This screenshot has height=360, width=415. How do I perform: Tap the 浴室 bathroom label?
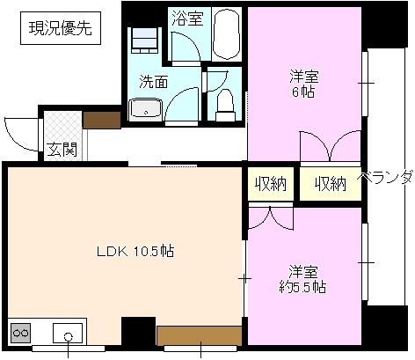point(186,18)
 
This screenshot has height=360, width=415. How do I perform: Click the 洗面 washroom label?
point(154,82)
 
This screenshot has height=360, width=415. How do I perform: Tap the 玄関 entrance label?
point(62,149)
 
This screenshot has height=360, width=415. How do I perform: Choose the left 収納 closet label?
point(271,183)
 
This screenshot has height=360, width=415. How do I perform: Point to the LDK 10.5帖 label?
point(135,251)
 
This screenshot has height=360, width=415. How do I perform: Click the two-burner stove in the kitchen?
point(20,333)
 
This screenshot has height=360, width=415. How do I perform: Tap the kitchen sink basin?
point(68,334)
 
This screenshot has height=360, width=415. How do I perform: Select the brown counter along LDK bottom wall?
point(199,334)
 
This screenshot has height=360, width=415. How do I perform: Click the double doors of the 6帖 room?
point(320,146)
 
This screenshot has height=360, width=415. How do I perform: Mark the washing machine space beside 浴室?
point(143,40)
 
